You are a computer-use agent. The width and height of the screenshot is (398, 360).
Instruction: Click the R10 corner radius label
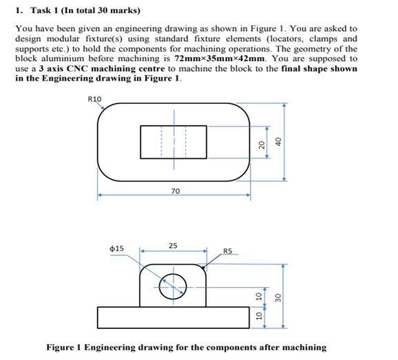coord(94,99)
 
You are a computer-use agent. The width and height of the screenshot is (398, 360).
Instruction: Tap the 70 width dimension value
coord(176,191)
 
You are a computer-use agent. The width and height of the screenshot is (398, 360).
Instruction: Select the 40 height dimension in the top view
coord(278,142)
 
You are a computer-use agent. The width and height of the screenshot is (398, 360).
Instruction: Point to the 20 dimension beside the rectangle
coord(262,145)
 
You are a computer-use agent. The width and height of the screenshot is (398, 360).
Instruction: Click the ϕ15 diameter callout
coord(116,248)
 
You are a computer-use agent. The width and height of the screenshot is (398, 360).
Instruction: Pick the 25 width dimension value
coord(173,246)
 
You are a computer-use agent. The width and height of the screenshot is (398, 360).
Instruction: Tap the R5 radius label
coord(228,251)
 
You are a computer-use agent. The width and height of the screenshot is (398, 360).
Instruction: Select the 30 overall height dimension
coord(278,297)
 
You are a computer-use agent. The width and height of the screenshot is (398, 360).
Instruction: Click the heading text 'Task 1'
coord(45,10)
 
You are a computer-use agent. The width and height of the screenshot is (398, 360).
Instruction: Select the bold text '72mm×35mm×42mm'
coord(220,59)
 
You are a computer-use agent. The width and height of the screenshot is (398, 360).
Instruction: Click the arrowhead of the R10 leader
coord(103,108)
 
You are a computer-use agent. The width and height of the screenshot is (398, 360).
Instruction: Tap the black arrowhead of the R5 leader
coord(203,267)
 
